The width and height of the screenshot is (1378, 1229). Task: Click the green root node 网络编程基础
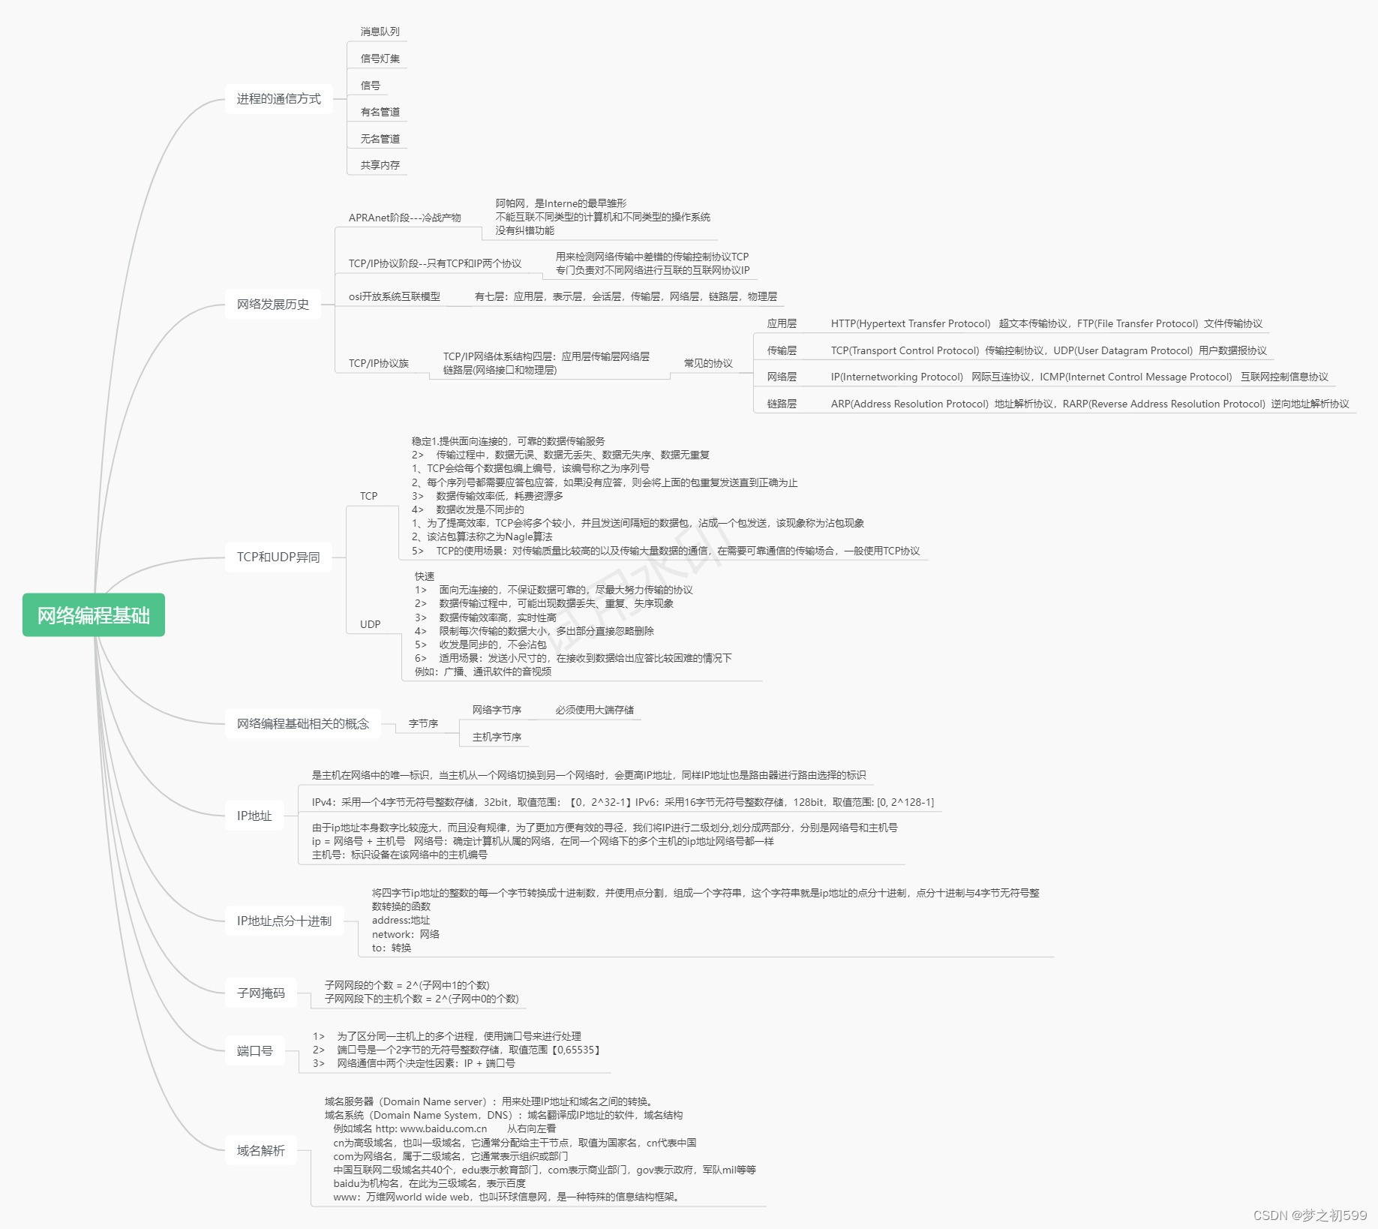(94, 615)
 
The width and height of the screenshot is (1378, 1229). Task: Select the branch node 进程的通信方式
(278, 99)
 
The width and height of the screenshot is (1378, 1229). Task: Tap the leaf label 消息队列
(380, 32)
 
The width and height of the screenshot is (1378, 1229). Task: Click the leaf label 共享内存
(380, 165)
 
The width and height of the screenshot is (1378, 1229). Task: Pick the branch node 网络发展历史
(273, 305)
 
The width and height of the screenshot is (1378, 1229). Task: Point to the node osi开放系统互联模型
(395, 296)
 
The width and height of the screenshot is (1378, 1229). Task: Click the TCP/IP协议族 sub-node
(379, 363)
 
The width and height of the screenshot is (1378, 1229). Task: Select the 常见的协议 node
(708, 363)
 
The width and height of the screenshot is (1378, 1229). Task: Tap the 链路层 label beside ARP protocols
(782, 404)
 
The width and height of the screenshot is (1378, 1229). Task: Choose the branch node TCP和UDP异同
(278, 557)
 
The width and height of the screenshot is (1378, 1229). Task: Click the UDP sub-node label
(370, 624)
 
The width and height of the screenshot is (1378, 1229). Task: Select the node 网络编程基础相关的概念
(303, 724)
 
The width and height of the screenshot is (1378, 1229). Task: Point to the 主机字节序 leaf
(497, 737)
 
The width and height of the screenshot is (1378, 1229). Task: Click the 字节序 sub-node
(423, 723)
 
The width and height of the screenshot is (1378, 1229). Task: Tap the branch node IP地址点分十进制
(284, 921)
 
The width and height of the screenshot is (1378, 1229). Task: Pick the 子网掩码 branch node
(261, 993)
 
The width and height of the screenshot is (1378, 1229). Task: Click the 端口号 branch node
(255, 1051)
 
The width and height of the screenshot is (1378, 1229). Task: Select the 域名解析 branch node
(261, 1151)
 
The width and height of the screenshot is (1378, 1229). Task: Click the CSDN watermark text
(1310, 1215)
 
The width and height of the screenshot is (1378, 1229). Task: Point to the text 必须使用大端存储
(594, 710)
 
